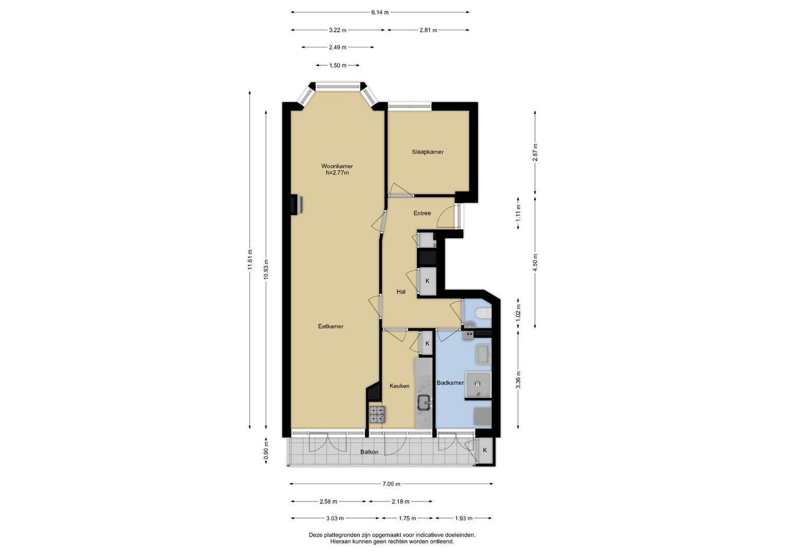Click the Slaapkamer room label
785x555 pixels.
428,152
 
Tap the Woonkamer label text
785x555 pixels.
337,166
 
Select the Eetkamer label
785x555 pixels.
331,326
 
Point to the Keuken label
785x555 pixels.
399,386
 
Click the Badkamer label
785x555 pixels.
450,383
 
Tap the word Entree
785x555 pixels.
422,213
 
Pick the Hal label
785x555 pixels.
401,291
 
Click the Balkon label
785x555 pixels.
369,452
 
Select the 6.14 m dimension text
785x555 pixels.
380,12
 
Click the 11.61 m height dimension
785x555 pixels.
250,260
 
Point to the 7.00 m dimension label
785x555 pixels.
391,484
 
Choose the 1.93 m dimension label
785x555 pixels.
463,518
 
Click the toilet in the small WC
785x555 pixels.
484,313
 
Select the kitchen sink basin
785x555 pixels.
425,402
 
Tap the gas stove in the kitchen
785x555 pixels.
377,415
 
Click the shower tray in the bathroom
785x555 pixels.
478,385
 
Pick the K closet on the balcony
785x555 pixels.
485,450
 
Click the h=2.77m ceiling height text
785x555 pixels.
337,173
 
